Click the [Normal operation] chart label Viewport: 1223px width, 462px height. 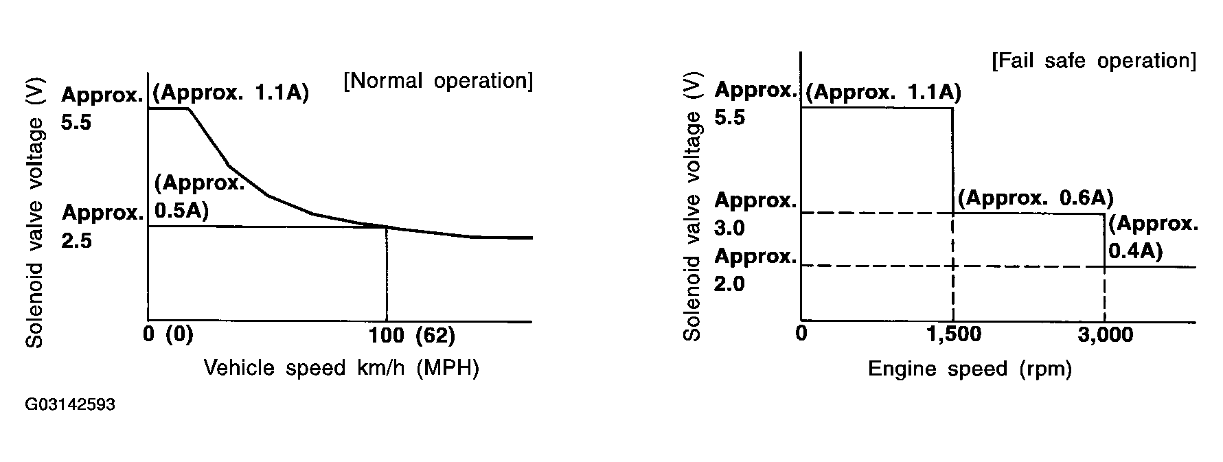pyautogui.click(x=437, y=81)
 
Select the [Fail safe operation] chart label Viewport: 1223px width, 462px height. pyautogui.click(x=1093, y=61)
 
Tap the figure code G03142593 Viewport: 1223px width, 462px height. pyautogui.click(x=70, y=405)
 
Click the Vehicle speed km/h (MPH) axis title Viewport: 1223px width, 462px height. pyautogui.click(x=341, y=368)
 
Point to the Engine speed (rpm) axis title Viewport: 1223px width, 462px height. pyautogui.click(x=970, y=369)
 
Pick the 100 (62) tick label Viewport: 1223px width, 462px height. pyautogui.click(x=412, y=336)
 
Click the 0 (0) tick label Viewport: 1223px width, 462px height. pyautogui.click(x=168, y=336)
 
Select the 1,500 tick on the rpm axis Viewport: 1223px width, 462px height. pyautogui.click(x=953, y=334)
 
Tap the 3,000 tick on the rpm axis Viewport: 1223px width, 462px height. pyautogui.click(x=1105, y=334)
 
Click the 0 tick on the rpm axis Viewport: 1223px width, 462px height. pyautogui.click(x=801, y=334)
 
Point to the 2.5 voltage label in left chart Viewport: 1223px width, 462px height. pyautogui.click(x=76, y=241)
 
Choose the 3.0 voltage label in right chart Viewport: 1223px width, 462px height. pyautogui.click(x=729, y=228)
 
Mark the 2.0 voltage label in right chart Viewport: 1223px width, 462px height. pyautogui.click(x=729, y=284)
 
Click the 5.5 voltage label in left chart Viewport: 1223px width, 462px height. pyautogui.click(x=76, y=123)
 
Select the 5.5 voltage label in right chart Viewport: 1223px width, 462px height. pyautogui.click(x=729, y=117)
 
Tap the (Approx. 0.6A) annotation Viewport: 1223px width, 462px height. pyautogui.click(x=1035, y=198)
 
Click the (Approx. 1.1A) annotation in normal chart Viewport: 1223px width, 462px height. pyautogui.click(x=231, y=93)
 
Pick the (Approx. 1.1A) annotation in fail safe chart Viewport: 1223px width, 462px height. pyautogui.click(x=883, y=92)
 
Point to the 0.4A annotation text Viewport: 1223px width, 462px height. pyautogui.click(x=1136, y=251)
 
